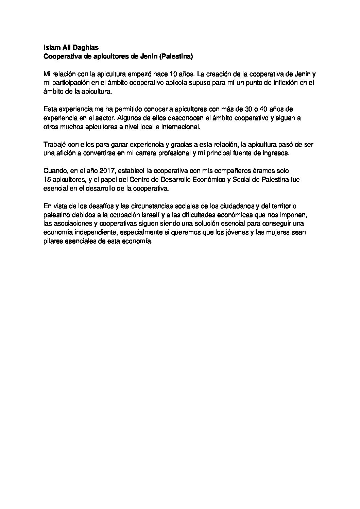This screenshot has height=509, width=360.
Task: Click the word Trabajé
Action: pos(55,145)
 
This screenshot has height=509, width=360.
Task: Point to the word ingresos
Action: pos(276,153)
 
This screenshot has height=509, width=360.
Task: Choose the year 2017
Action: pos(108,171)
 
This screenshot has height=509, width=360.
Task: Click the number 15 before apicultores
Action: pos(47,180)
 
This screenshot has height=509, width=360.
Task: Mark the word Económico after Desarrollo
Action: pos(205,180)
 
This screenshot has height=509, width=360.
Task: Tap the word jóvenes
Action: pos(240,233)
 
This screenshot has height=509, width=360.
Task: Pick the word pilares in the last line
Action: pos(53,242)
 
